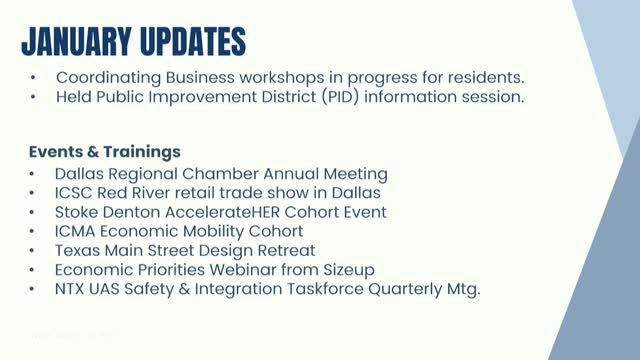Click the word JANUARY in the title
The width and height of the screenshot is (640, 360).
(77, 41)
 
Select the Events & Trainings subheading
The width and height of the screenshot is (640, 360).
(104, 152)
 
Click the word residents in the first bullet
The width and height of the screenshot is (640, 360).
(488, 77)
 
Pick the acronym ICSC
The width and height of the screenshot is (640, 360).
(76, 193)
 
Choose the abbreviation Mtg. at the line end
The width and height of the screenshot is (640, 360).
(460, 288)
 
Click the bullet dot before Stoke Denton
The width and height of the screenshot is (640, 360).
(34, 213)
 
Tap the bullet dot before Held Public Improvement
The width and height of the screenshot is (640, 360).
(34, 98)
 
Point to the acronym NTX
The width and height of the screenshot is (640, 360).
(73, 288)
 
